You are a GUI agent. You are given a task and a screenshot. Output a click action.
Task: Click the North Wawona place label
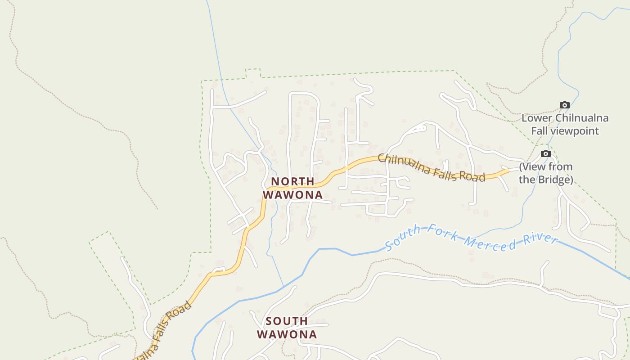click(x=292, y=188)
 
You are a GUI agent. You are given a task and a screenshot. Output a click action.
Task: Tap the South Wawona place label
click(x=287, y=328)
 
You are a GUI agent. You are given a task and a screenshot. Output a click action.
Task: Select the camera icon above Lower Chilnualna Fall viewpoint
click(x=564, y=105)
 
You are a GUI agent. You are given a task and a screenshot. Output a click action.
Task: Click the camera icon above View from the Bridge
click(x=545, y=154)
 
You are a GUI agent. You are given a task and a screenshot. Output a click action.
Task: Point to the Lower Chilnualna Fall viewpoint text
click(x=565, y=125)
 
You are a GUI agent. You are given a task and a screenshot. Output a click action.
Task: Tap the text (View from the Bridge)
click(x=546, y=173)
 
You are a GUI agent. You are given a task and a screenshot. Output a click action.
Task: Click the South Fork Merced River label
click(x=471, y=238)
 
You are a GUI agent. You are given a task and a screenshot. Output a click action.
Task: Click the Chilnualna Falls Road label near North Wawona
click(x=431, y=167)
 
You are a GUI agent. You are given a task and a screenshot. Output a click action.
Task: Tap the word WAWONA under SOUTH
click(x=287, y=335)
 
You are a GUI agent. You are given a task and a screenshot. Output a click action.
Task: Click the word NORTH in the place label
click(x=292, y=181)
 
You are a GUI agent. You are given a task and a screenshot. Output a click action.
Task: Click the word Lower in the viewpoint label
click(x=537, y=118)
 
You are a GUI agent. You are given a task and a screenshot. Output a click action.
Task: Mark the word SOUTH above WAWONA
click(x=287, y=321)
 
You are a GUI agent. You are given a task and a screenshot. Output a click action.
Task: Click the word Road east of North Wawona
click(x=472, y=176)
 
